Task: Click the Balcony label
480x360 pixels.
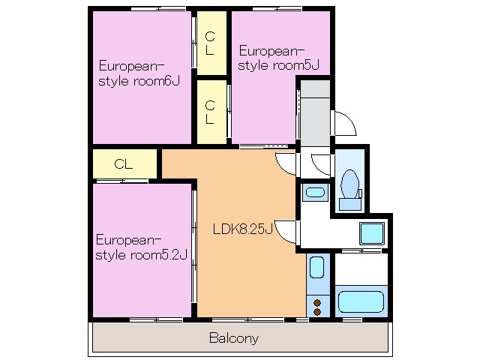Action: click(x=234, y=338)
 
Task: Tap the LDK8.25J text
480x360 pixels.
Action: click(x=242, y=229)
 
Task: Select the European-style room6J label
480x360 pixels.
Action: click(x=139, y=73)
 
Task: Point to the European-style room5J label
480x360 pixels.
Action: click(x=278, y=58)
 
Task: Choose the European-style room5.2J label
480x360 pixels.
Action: click(x=141, y=247)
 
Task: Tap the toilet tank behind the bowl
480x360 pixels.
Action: click(x=350, y=204)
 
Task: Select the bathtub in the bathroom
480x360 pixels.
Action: click(x=361, y=301)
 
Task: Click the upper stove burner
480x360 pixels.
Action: click(x=317, y=303)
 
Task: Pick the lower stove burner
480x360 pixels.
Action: click(x=317, y=312)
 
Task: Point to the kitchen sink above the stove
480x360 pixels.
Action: click(x=316, y=267)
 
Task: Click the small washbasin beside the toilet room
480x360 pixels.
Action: click(x=315, y=192)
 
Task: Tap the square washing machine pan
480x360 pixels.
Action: click(x=372, y=234)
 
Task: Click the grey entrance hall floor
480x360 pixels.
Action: click(x=315, y=113)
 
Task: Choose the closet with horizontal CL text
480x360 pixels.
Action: click(x=124, y=163)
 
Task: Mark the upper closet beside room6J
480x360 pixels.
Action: click(x=211, y=43)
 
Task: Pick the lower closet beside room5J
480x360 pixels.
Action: click(x=211, y=112)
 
